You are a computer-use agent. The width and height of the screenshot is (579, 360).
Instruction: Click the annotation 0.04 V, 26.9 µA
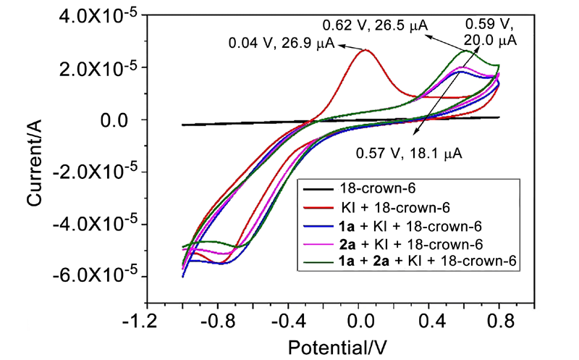pyautogui.click(x=281, y=43)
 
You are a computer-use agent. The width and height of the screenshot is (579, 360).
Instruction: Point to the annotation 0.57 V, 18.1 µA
pyautogui.click(x=409, y=153)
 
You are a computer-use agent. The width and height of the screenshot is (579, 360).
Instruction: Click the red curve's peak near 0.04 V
pyautogui.click(x=366, y=50)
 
